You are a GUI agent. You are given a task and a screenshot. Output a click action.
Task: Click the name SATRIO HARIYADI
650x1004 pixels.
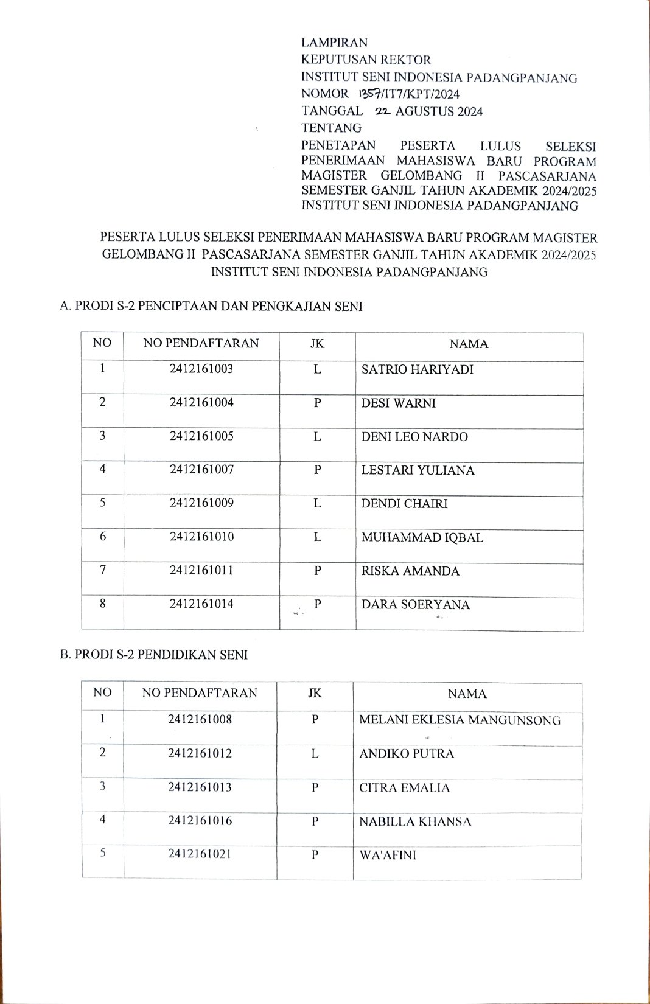417,369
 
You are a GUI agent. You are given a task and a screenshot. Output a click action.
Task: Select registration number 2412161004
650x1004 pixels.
201,402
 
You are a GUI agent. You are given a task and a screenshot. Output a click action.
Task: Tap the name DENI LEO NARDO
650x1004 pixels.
414,437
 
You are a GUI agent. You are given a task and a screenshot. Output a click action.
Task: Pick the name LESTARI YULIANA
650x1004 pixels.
418,470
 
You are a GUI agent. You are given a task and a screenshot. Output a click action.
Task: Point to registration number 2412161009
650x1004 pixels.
201,503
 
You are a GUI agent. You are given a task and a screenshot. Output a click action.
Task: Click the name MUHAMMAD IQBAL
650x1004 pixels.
422,537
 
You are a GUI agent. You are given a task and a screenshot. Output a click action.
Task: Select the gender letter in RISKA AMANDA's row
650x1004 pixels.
318,571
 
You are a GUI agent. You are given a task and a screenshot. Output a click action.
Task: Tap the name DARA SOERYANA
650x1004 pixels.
415,605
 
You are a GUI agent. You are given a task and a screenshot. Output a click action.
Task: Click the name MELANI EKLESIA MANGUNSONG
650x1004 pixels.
460,720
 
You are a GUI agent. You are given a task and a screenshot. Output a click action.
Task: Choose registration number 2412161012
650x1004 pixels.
200,753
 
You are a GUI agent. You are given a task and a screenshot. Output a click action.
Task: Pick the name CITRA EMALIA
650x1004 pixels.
404,788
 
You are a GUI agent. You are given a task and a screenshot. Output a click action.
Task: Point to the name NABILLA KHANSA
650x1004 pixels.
414,822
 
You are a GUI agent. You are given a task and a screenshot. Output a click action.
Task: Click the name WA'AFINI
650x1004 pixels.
388,855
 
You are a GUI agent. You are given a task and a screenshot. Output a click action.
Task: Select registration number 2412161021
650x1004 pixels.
200,854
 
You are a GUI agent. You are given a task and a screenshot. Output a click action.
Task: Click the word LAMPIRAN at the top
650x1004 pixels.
334,43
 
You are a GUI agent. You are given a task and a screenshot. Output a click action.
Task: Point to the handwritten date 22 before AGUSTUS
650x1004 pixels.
383,111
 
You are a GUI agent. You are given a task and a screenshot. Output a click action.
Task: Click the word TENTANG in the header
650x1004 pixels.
331,128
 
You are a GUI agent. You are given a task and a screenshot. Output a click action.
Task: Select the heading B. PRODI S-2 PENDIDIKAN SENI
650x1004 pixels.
154,655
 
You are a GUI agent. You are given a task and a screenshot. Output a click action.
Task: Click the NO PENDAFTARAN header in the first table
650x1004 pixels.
201,343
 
